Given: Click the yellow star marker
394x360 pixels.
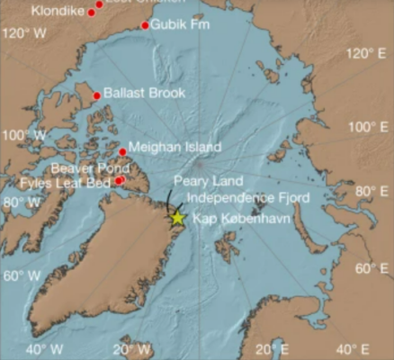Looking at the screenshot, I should (178, 217).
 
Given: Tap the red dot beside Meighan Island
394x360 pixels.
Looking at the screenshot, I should (123, 151).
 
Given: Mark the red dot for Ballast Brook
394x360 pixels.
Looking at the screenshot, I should (97, 96).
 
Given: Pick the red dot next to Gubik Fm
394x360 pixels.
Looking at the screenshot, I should (145, 25).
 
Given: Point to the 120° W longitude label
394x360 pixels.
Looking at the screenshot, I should (25, 33).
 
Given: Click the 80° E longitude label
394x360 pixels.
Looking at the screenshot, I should (369, 190).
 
